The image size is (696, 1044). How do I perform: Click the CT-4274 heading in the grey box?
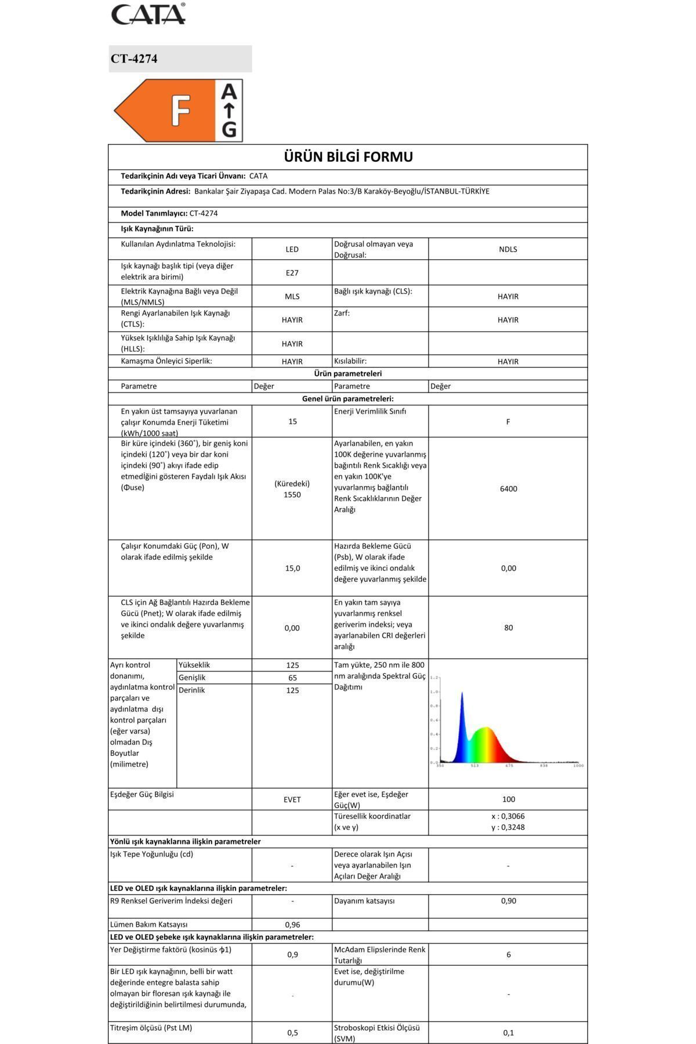pos(134,59)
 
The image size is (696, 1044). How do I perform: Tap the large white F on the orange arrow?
pos(180,110)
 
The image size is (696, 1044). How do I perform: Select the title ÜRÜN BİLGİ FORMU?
pos(348,157)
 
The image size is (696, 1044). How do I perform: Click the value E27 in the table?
pos(292,273)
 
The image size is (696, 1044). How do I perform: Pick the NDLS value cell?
pos(507,249)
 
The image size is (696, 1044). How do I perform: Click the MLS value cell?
pos(292,296)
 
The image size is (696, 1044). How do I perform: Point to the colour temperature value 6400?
pos(508,489)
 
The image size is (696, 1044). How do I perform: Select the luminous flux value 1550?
pos(292,495)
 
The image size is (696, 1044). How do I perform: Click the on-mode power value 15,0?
pos(292,568)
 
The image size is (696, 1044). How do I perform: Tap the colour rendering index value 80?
pos(508,628)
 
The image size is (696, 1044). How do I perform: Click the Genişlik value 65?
pos(292,677)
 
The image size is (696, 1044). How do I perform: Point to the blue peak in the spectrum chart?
pos(462,696)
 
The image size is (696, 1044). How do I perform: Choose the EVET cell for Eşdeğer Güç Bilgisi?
pos(292,799)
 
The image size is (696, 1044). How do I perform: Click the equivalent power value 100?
pos(508,799)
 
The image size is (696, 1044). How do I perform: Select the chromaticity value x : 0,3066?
pos(508,816)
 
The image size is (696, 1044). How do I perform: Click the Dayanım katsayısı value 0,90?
pos(508,901)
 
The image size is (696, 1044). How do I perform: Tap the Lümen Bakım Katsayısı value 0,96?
pos(292,925)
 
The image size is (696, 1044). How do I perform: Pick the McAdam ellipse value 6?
pos(508,954)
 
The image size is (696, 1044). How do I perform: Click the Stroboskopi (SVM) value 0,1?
pos(508,1032)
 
